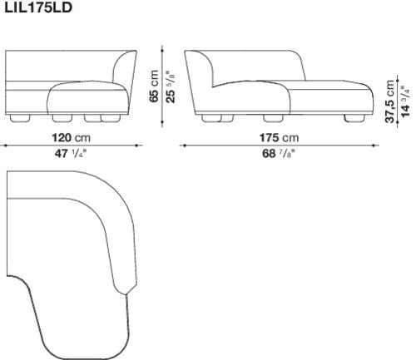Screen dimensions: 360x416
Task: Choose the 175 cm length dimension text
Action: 278,137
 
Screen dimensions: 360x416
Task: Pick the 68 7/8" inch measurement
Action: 278,155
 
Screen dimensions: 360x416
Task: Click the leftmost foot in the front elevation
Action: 19,118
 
